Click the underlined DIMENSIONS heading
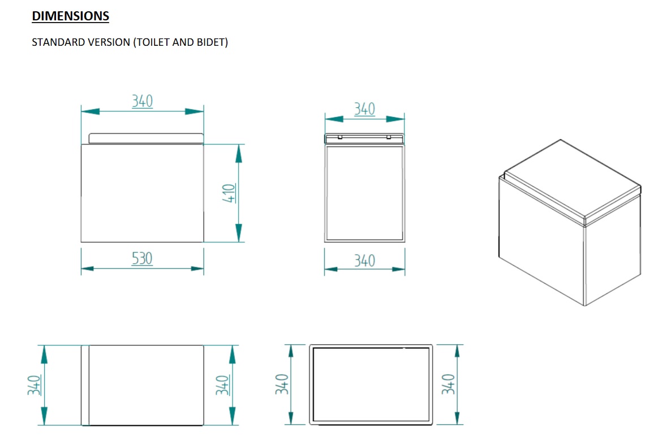coord(71,16)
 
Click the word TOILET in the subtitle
coord(152,42)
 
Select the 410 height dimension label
coord(229,193)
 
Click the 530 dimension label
coord(142,258)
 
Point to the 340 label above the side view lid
coord(142,101)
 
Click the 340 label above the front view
coord(364,109)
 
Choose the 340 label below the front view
coord(364,261)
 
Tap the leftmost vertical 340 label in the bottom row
coord(35,385)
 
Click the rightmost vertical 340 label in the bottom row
coord(448,384)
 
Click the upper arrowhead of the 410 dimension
coord(239,154)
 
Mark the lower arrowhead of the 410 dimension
coord(239,233)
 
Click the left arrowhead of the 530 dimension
coord(87,269)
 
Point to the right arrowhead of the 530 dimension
coord(197,269)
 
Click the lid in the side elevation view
coord(146,138)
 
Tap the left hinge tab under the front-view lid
coord(340,137)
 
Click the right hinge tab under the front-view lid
coord(389,137)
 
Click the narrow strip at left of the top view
coord(85,386)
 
